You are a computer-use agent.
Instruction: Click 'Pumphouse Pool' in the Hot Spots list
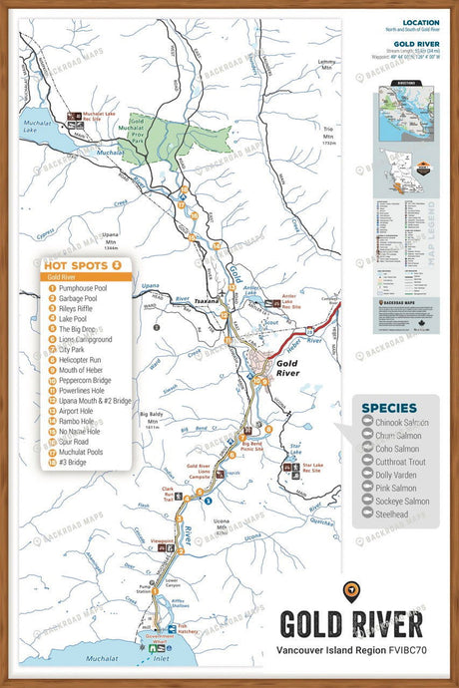pos(82,287)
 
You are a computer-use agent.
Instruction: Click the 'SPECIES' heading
pos(389,408)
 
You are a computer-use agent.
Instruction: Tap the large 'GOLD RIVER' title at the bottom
pos(350,624)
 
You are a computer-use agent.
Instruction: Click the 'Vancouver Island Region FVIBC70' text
pos(350,650)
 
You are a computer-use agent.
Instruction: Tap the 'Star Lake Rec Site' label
pos(312,468)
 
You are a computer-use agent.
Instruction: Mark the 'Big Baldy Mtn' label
pos(151,417)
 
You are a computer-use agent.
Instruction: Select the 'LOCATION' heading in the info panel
pos(419,21)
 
